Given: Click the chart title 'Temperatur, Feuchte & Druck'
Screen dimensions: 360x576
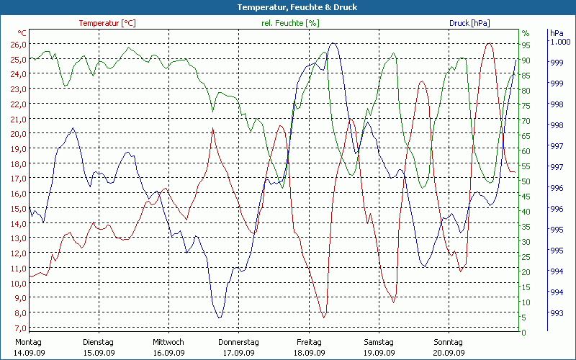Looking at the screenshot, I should (287, 7).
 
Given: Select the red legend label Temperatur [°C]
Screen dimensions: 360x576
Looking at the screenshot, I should (107, 23).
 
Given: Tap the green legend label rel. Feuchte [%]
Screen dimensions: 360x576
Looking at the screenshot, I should (290, 23).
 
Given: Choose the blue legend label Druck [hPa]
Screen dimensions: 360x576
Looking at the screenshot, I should (469, 23).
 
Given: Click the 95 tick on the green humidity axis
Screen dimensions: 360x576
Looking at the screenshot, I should (526, 44).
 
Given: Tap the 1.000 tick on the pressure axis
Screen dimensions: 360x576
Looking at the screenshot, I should (560, 42).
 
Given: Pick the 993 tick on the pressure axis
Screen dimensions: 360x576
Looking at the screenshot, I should (557, 313).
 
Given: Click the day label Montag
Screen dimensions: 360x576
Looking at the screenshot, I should (29, 342).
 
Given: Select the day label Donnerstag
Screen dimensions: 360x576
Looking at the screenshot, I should (238, 342).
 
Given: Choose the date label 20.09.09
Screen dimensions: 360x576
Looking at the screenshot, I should (448, 353).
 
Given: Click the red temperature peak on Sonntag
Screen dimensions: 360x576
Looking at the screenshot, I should (490, 44).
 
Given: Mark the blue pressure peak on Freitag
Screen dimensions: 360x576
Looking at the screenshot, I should (333, 44).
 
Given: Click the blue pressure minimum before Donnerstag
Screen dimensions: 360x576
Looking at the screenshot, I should (220, 317).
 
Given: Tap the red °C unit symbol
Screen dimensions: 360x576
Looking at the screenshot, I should (22, 33).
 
